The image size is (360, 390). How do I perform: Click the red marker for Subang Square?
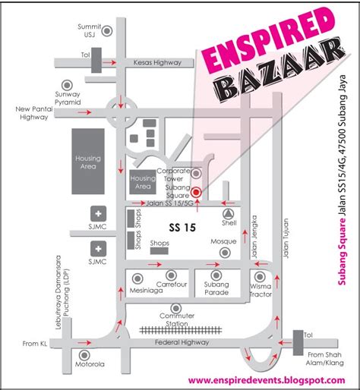coord(195,192)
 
